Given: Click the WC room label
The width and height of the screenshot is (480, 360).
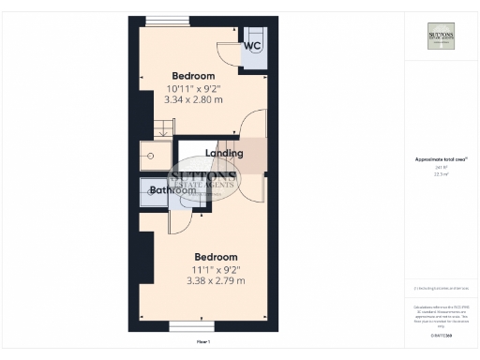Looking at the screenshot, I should tap(252, 46).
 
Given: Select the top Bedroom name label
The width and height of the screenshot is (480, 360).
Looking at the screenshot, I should tap(193, 76).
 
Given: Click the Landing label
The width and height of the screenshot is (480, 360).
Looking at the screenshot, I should tap(224, 153).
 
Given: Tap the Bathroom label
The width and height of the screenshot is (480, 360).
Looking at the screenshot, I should tap(175, 190).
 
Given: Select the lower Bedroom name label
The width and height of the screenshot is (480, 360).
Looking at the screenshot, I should tap(216, 257).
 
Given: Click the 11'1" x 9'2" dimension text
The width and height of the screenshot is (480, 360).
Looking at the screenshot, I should tap(216, 269).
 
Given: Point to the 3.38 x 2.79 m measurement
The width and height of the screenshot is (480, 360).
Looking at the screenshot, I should tap(216, 279).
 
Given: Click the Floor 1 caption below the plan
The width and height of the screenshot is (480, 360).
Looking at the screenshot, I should tap(202, 343).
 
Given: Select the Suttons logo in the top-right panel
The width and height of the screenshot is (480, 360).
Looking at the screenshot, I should tap(442, 36).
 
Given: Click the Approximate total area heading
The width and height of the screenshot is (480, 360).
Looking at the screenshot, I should tap(442, 159).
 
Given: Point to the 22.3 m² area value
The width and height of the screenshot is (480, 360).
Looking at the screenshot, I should tap(442, 173).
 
